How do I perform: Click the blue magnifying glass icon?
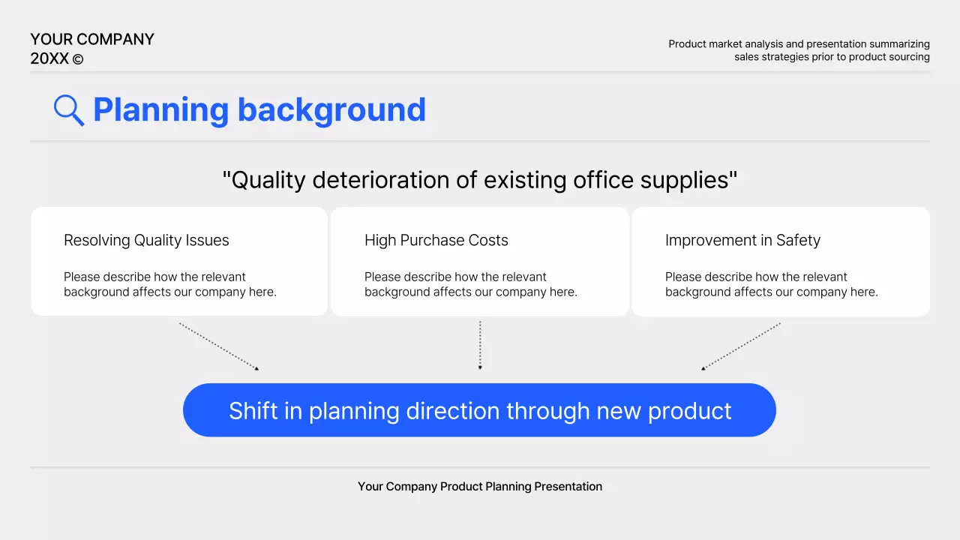pyautogui.click(x=68, y=110)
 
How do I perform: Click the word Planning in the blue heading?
pyautogui.click(x=160, y=109)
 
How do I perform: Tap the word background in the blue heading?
pyautogui.click(x=331, y=109)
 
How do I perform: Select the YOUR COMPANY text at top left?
pyautogui.click(x=92, y=40)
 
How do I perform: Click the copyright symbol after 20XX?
pyautogui.click(x=78, y=59)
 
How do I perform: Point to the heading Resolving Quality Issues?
pyautogui.click(x=146, y=240)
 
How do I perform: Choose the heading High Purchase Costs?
pyautogui.click(x=436, y=240)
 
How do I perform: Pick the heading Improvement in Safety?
pyautogui.click(x=742, y=240)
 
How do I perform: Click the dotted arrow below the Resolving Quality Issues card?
pyautogui.click(x=219, y=346)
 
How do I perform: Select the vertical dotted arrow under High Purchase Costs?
pyautogui.click(x=480, y=345)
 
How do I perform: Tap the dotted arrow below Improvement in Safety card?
pyautogui.click(x=741, y=346)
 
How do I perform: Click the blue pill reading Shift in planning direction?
pyautogui.click(x=479, y=410)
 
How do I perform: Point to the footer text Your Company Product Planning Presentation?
pyautogui.click(x=480, y=487)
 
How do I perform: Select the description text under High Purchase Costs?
pyautogui.click(x=470, y=284)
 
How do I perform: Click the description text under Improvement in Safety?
pyautogui.click(x=771, y=284)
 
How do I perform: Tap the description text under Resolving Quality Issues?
pyautogui.click(x=169, y=284)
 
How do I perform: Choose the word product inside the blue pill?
pyautogui.click(x=690, y=411)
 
